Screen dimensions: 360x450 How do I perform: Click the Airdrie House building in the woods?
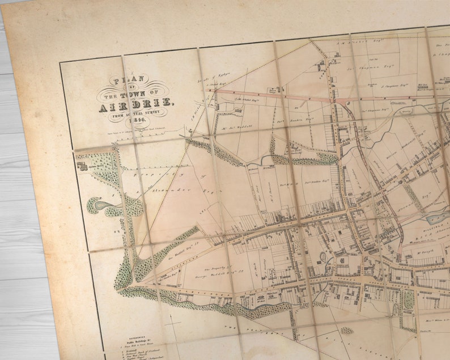click(x=82, y=167)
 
